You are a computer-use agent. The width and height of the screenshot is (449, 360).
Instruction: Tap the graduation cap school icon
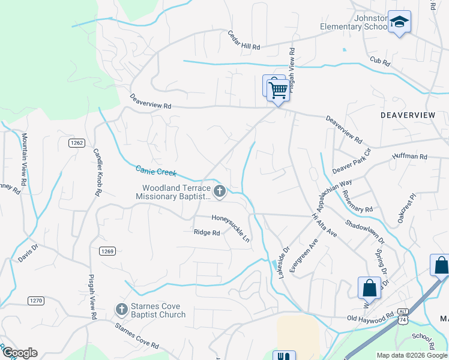[x=399, y=23]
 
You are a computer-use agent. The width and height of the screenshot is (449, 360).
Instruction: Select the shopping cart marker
[x=279, y=91]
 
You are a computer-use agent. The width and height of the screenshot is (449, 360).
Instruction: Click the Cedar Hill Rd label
[x=244, y=41]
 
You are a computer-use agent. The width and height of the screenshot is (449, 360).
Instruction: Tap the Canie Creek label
[x=156, y=172]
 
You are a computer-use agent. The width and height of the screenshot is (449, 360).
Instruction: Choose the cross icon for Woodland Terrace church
[x=220, y=191]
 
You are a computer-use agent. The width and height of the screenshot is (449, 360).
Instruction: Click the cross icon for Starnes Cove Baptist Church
[x=121, y=309]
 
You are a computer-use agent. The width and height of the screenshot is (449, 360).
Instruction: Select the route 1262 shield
[x=76, y=143]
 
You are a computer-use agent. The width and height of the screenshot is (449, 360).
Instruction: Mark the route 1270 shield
[x=35, y=299]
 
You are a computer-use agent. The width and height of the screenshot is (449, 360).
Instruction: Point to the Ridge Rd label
[x=206, y=232]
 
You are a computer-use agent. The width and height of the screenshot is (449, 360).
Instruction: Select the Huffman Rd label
[x=409, y=156]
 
